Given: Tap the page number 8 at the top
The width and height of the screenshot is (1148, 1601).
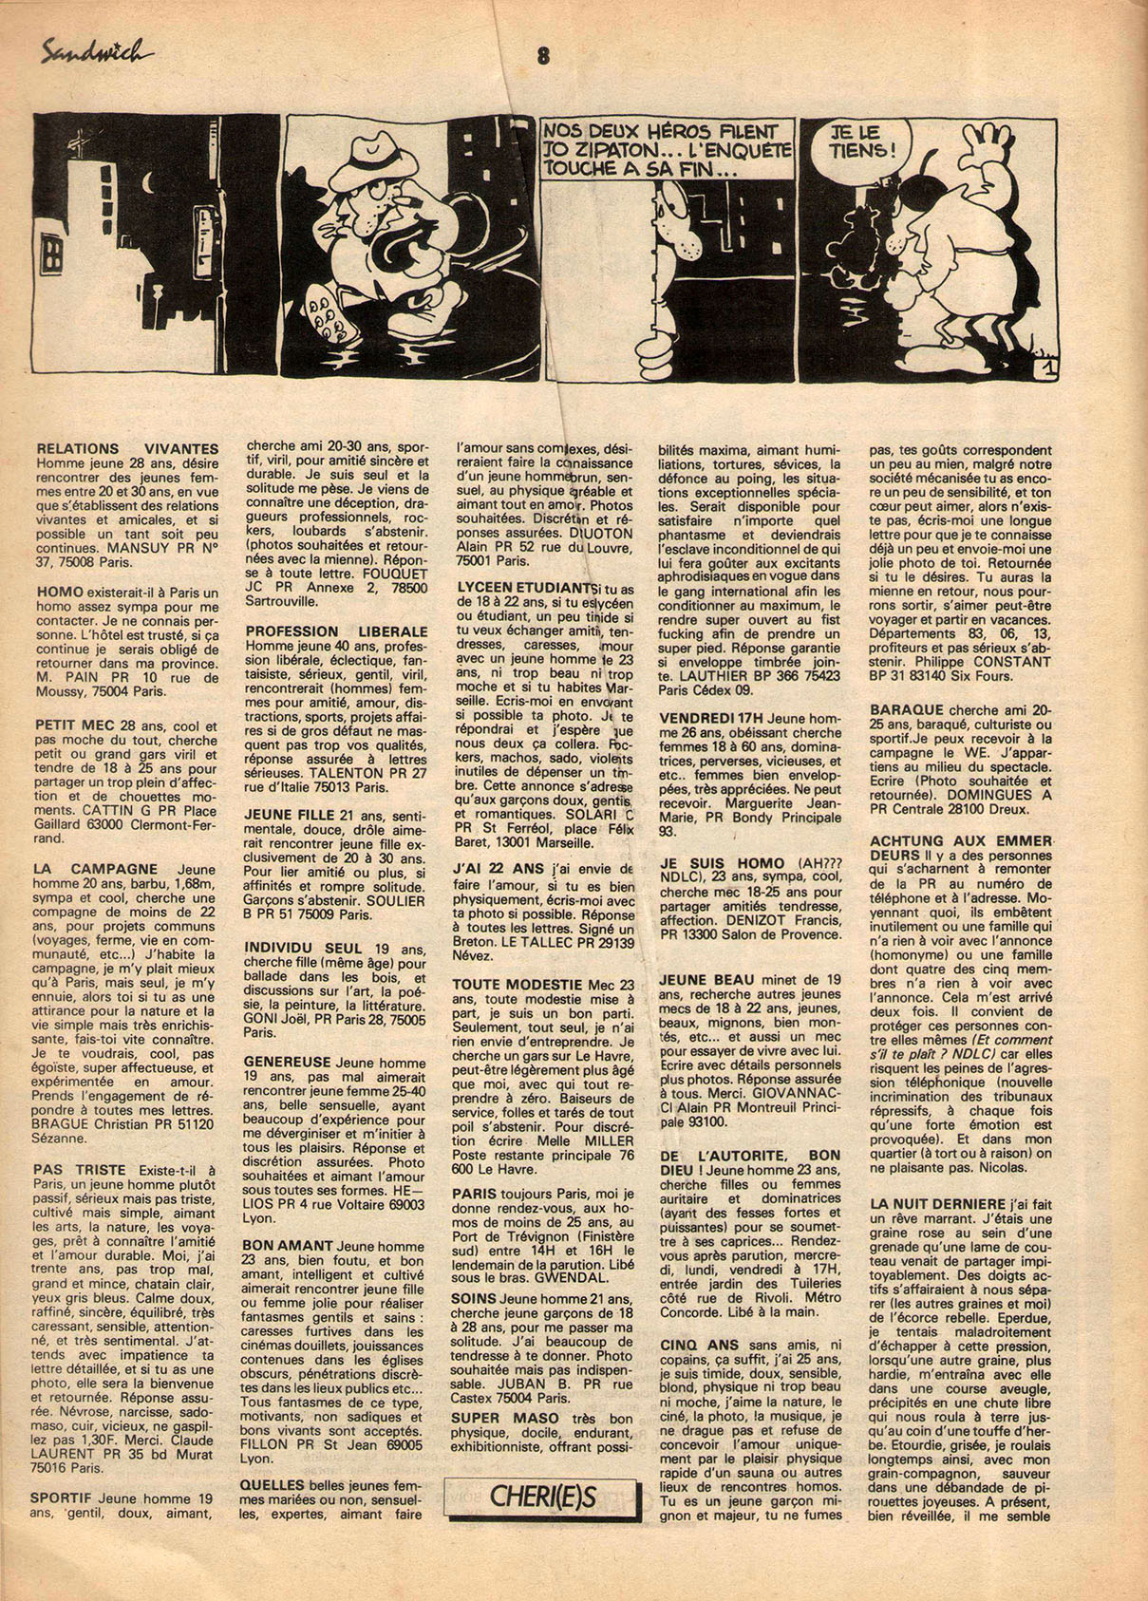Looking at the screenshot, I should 543,56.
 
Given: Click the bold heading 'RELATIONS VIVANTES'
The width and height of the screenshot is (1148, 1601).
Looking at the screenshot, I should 126,449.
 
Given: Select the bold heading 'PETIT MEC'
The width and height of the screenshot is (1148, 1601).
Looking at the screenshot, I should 68,726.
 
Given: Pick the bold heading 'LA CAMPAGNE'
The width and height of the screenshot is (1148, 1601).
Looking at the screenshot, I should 95,869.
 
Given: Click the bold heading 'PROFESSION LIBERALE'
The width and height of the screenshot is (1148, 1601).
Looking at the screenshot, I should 336,631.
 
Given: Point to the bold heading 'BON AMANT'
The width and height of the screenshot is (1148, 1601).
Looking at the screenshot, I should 287,1245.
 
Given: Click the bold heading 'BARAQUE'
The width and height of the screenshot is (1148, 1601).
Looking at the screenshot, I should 906,709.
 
